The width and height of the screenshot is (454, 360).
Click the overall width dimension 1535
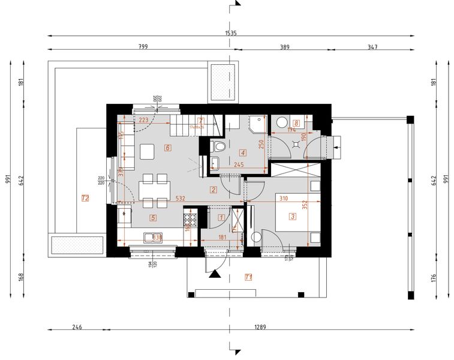pos(231,34)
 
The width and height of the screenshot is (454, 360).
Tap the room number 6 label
pos(167,148)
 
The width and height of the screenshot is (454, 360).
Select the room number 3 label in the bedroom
pos(293,217)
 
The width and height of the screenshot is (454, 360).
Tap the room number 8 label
pos(296,124)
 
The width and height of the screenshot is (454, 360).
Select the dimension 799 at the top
pos(143,46)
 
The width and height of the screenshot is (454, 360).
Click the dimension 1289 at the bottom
pos(260,327)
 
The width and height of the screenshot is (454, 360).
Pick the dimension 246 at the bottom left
pos(77,327)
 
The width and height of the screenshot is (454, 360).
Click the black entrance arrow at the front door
pos(215,274)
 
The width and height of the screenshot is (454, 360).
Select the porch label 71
pos(248,277)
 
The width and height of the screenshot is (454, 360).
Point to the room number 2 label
pos(213,190)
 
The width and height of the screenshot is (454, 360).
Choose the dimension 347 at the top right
pos(372,46)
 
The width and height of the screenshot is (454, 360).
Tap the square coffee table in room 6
pos(148,152)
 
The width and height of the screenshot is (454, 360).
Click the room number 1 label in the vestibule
pos(221,217)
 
